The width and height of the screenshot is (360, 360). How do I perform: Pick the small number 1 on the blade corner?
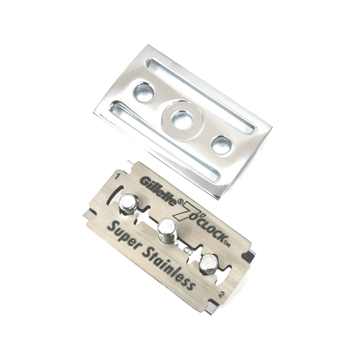tap(117, 177)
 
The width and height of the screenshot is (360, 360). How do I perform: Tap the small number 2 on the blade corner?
tap(222, 295)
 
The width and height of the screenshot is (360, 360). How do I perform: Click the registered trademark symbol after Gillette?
tap(180, 202)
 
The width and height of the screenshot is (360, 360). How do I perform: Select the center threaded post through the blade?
tap(167, 231)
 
